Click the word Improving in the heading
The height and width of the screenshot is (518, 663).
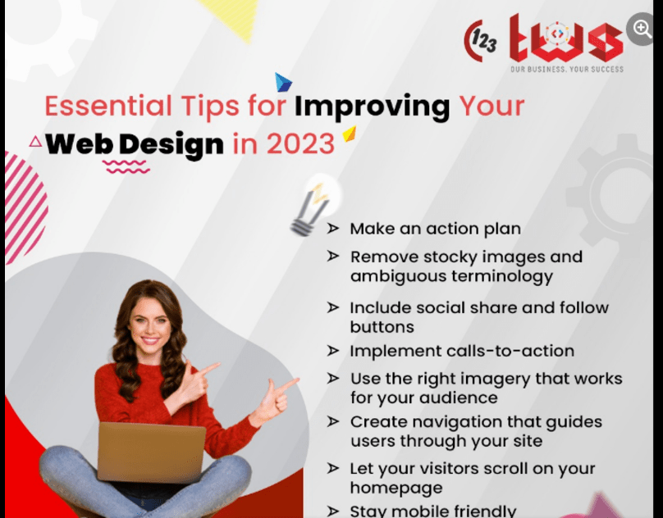[372, 107]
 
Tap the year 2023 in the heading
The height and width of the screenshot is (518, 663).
[300, 143]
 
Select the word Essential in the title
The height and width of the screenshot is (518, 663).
[108, 106]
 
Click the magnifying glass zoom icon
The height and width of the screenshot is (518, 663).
[642, 29]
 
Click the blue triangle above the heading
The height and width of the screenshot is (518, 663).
[283, 82]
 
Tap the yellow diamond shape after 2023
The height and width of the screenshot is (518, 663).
[350, 134]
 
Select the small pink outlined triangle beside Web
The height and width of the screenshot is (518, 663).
[36, 141]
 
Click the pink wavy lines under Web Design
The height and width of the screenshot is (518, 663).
[126, 167]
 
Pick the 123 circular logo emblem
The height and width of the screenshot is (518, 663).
[480, 40]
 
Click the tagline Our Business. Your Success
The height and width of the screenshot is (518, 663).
[567, 69]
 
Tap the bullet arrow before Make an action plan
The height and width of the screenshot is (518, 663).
[333, 228]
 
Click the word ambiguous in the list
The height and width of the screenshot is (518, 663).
[398, 277]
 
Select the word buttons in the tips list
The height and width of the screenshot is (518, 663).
[382, 327]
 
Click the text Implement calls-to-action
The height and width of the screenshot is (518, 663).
[462, 351]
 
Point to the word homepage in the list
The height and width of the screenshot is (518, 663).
[396, 488]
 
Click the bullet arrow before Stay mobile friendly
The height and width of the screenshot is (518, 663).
[333, 511]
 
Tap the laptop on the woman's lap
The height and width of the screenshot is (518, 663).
[151, 452]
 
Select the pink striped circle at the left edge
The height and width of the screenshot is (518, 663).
[25, 208]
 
